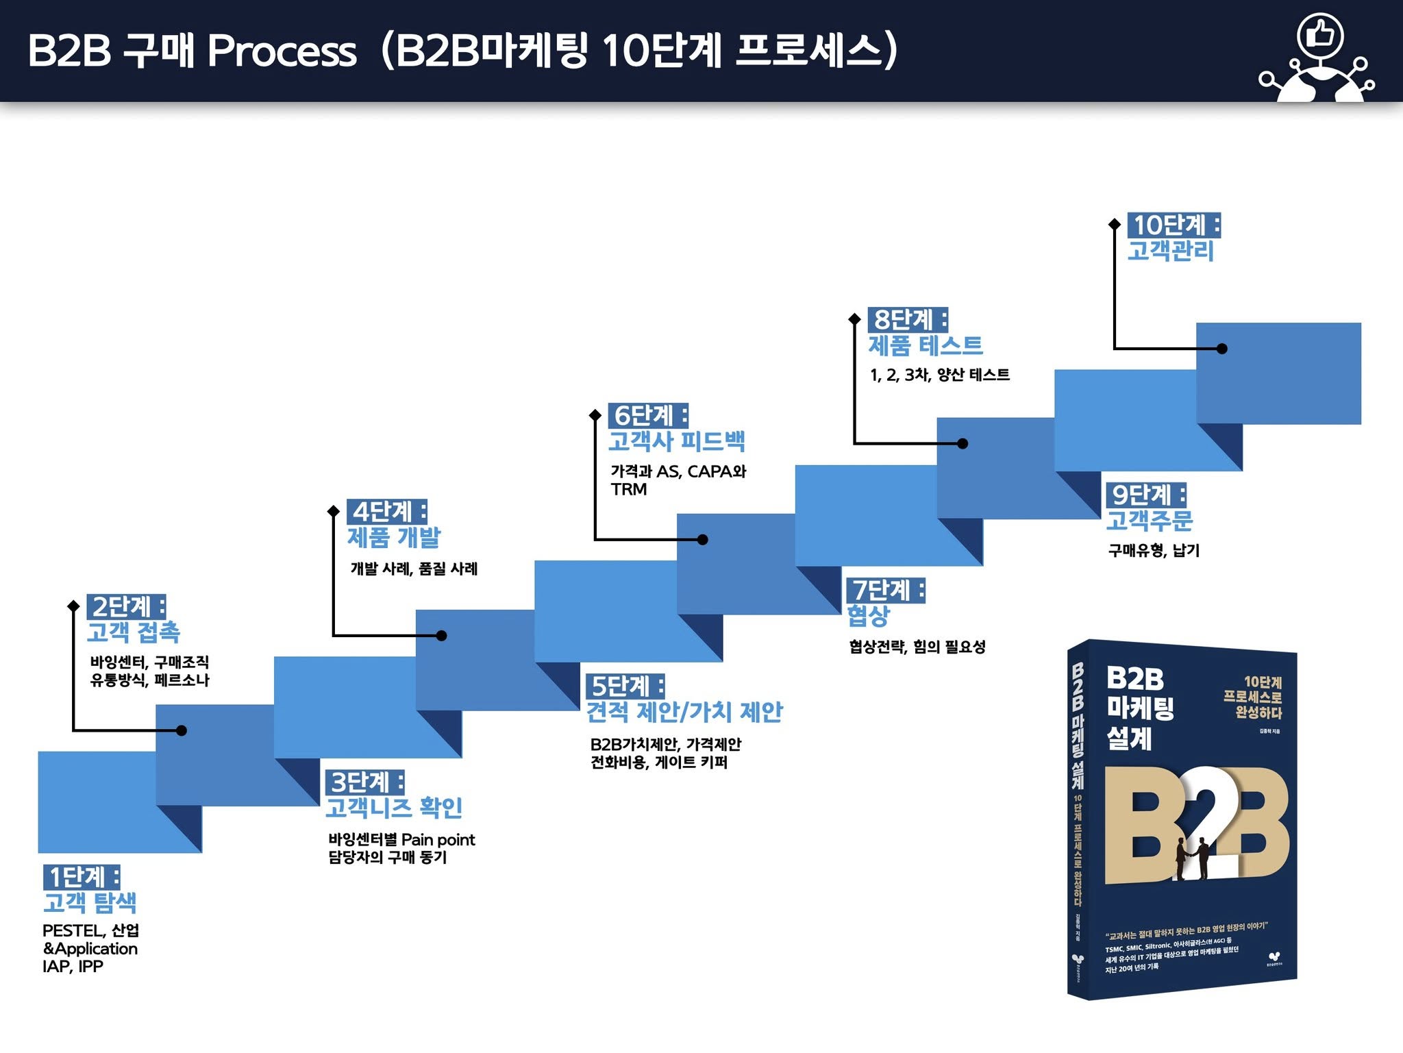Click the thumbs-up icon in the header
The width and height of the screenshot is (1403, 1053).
(x=1319, y=34)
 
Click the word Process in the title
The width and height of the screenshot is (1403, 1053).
(x=282, y=51)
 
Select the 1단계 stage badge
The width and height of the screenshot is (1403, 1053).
(x=82, y=877)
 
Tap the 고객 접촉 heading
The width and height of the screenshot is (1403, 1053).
(x=134, y=632)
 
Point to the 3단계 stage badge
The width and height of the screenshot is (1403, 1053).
(x=364, y=782)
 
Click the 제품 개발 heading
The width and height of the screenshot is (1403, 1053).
(x=394, y=537)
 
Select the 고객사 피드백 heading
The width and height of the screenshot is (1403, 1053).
(x=676, y=441)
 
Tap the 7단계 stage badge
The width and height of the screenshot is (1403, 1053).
(x=886, y=590)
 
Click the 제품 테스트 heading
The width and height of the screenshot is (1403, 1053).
(x=926, y=345)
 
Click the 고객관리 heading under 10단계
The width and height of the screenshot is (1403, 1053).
(x=1171, y=251)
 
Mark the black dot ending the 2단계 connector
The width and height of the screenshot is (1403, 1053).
(x=182, y=730)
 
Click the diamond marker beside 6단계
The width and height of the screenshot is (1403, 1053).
(x=595, y=415)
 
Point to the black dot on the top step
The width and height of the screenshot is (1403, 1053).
(x=1221, y=349)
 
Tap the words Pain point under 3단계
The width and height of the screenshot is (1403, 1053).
(x=438, y=839)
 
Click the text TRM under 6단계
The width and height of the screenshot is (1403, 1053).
(x=629, y=489)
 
